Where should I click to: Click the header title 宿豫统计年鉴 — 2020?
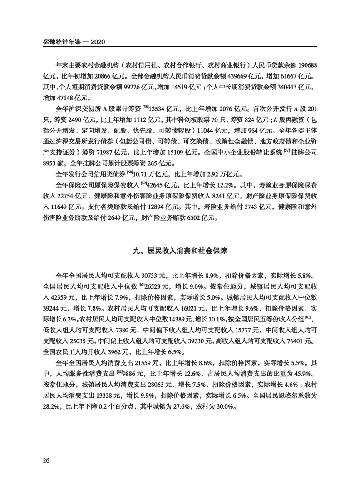74,42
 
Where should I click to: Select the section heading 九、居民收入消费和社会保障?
180,251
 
